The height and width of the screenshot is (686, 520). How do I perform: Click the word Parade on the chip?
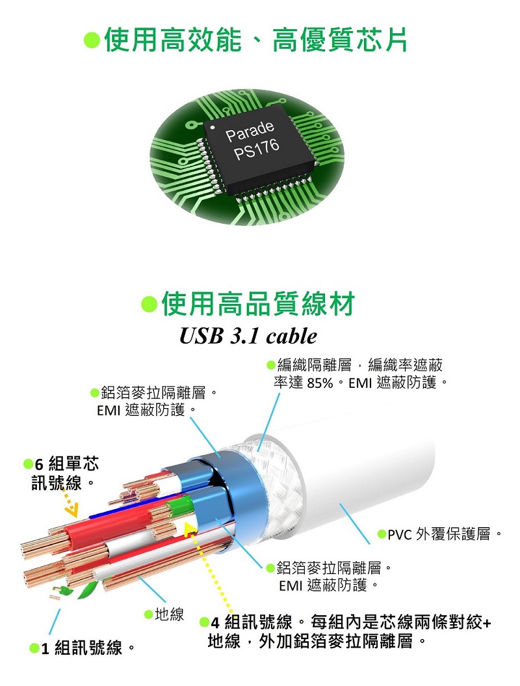[x=250, y=130]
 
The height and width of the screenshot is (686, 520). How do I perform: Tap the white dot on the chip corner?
[x=213, y=128]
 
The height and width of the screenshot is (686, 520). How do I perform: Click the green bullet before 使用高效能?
[x=92, y=40]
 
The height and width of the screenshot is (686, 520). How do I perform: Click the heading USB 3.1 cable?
[x=248, y=336]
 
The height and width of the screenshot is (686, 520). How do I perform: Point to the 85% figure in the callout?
[x=320, y=383]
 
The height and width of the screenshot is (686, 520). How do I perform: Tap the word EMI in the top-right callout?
[x=360, y=383]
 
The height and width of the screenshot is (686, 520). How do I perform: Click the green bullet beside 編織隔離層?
[x=271, y=364]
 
